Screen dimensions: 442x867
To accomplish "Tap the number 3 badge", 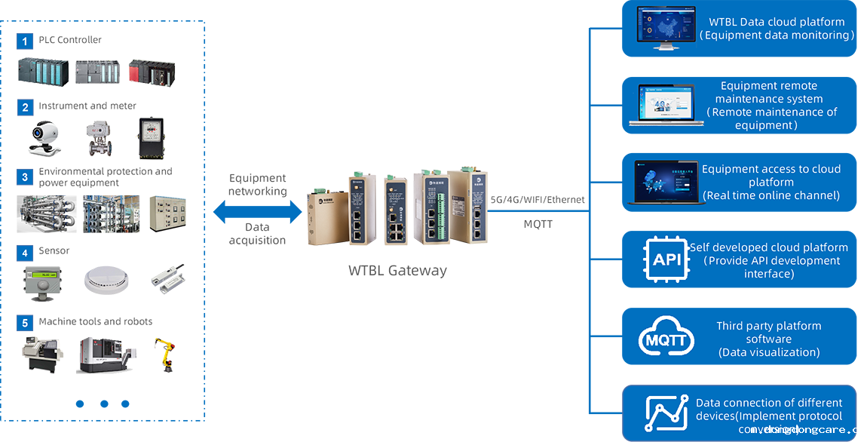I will click(x=25, y=177).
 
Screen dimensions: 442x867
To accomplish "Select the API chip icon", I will click(x=666, y=260).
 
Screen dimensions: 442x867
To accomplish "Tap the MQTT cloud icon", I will click(x=665, y=340).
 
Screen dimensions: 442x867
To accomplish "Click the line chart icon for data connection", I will click(x=666, y=413).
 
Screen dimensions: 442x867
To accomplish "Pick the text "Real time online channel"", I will click(x=771, y=195).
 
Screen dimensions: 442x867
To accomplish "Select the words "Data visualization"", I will click(x=769, y=352).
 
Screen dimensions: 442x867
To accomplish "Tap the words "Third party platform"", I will click(x=769, y=326).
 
